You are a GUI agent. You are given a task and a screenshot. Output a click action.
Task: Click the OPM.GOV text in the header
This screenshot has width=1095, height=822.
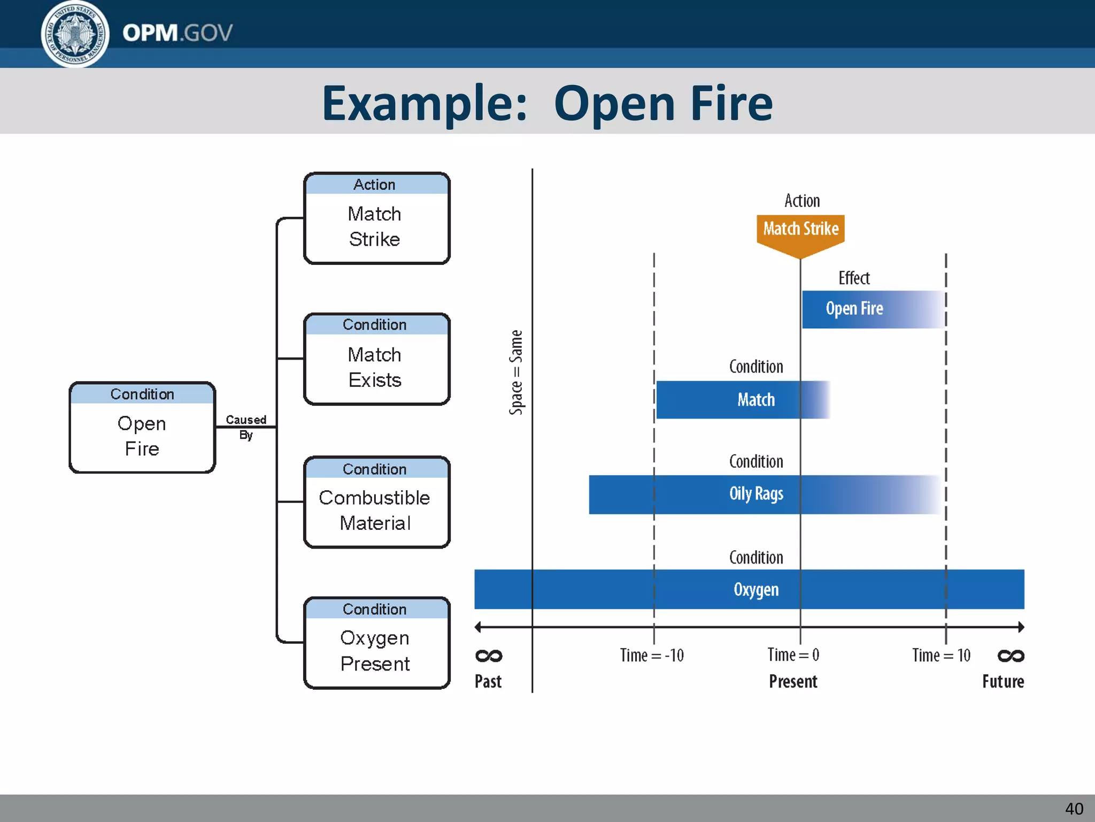click(178, 33)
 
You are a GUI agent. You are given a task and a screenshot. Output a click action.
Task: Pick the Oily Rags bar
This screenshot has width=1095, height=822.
click(756, 494)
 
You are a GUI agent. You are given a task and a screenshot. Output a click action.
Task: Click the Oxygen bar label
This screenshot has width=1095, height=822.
click(756, 589)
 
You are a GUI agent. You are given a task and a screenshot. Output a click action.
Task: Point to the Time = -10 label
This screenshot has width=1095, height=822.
click(652, 655)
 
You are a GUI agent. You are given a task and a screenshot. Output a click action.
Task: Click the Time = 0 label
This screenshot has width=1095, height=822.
click(793, 654)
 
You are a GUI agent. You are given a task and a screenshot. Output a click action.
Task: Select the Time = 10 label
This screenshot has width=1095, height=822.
click(941, 655)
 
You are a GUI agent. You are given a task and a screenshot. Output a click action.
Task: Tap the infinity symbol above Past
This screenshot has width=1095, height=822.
click(489, 656)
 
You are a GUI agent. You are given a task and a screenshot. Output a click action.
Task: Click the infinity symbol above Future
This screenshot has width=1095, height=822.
click(1011, 656)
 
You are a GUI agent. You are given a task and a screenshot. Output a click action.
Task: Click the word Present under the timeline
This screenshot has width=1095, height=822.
click(793, 681)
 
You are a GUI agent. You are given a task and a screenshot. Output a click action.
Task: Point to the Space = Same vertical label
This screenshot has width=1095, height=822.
click(516, 372)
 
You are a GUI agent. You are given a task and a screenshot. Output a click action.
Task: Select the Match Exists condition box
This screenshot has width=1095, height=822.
click(376, 359)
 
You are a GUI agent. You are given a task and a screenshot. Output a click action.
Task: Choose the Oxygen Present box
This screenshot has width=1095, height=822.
click(376, 643)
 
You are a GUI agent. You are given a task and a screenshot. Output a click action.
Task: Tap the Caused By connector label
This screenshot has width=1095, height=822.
click(245, 427)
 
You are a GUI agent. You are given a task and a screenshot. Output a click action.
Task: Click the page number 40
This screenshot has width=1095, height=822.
click(1074, 808)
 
